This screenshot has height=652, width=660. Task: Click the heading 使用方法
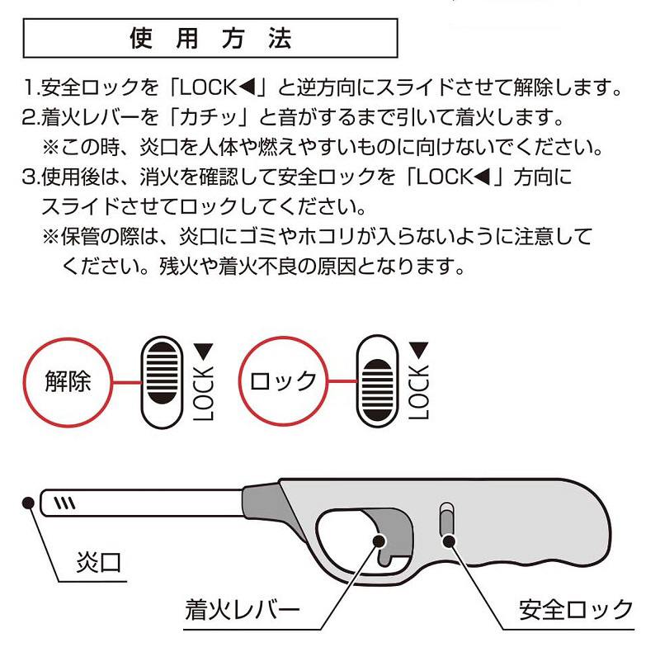[x=210, y=39]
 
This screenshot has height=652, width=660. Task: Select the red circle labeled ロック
[x=282, y=381]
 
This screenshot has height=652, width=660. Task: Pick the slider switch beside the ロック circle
[x=376, y=381]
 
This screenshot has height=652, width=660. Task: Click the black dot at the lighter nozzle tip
[x=27, y=502]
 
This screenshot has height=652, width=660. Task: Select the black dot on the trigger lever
[x=379, y=541]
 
